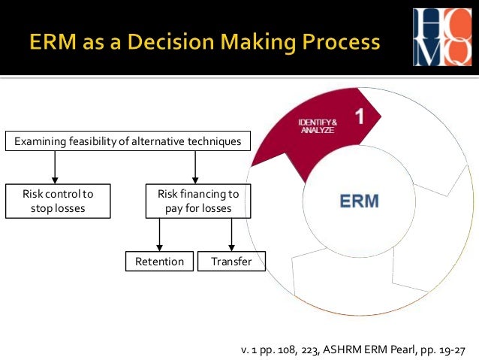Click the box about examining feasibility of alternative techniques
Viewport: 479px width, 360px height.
[127, 141]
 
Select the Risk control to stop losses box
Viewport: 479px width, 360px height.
[58, 201]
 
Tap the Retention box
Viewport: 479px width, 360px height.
[159, 262]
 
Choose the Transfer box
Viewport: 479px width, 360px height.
[231, 262]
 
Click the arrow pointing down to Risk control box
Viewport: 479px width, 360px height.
[56, 167]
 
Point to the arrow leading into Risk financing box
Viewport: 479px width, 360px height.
[195, 167]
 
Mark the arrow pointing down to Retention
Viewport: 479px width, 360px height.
[159, 235]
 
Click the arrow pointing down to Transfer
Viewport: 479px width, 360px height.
[231, 235]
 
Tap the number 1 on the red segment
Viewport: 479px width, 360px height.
[359, 116]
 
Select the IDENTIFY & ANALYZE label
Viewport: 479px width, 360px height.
[318, 126]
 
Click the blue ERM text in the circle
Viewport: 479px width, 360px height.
[360, 201]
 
